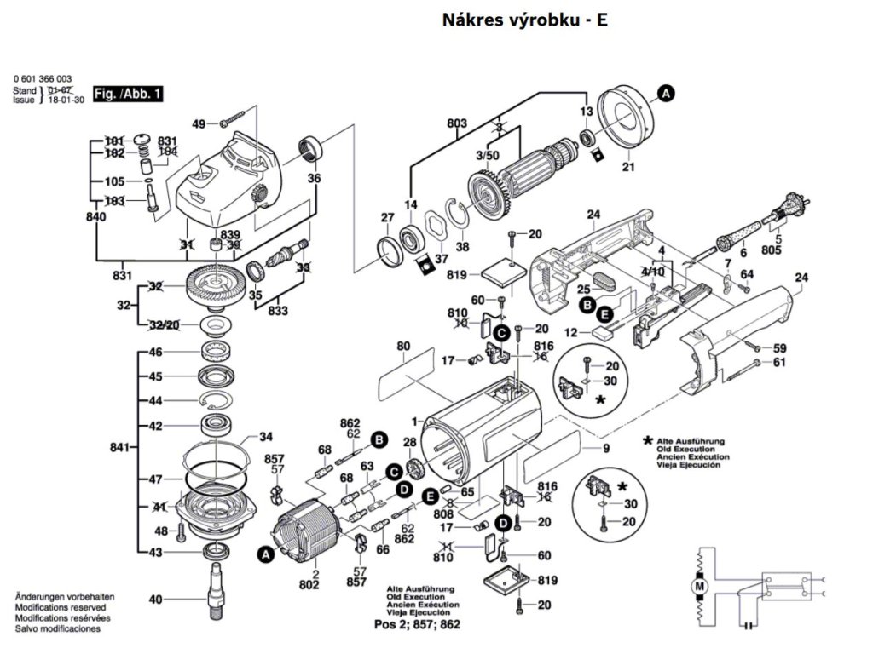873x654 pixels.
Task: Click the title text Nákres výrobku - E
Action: pos(524,20)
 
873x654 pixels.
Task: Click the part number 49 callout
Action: pos(199,123)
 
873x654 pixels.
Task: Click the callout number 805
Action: pos(772,250)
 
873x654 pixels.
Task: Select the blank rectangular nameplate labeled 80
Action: pos(402,370)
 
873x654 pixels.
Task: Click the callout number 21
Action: pos(628,168)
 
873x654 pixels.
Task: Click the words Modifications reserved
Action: pos(61,608)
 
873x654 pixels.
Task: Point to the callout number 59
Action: pos(779,347)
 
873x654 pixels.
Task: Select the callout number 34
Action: pos(266,438)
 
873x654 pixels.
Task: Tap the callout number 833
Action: pos(279,312)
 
